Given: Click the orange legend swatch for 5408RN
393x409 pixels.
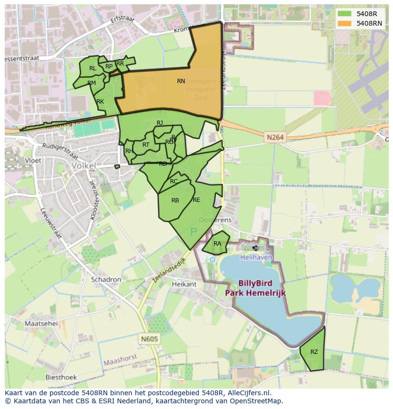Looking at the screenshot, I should (x=345, y=23).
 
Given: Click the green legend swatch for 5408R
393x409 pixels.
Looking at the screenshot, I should (x=345, y=13).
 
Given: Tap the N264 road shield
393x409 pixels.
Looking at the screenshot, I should (x=275, y=137).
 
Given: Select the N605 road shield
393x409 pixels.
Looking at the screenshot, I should (x=149, y=339).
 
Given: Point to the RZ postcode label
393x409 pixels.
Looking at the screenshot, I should (x=314, y=352).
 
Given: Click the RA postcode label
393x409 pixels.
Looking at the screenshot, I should (x=217, y=244).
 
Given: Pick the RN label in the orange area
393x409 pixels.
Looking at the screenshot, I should (x=181, y=81).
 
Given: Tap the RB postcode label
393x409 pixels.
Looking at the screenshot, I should (x=175, y=200).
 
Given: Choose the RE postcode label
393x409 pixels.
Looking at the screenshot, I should (x=196, y=200).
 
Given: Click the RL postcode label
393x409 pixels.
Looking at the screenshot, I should (x=93, y=68).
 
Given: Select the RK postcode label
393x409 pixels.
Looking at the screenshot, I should (x=100, y=102).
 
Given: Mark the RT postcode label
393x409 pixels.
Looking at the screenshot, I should (x=146, y=145).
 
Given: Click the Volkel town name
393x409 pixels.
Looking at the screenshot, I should (x=83, y=166).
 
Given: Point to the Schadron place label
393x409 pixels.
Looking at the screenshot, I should (x=106, y=279).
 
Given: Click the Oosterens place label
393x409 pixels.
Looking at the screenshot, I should (x=215, y=220).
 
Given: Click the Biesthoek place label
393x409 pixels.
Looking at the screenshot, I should (x=61, y=377).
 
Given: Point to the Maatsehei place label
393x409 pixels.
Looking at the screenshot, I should (x=41, y=323).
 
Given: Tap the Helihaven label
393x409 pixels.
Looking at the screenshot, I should (x=256, y=257).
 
